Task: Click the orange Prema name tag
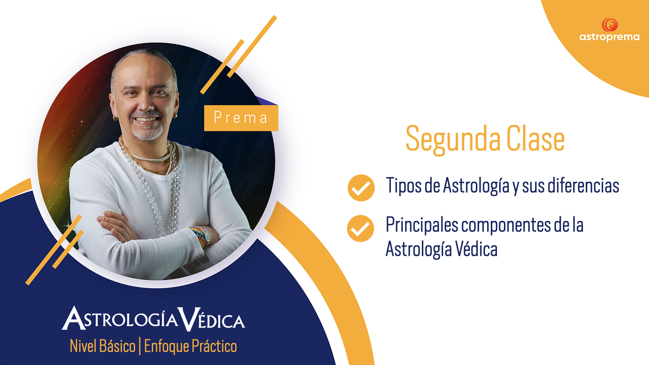pyautogui.click(x=241, y=118)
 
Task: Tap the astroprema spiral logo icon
pyautogui.click(x=610, y=25)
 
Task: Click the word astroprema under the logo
pyautogui.click(x=609, y=37)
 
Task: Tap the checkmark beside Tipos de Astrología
pyautogui.click(x=361, y=188)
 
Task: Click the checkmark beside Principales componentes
pyautogui.click(x=360, y=228)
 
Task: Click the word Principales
pyautogui.click(x=422, y=225)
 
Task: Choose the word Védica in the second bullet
pyautogui.click(x=476, y=249)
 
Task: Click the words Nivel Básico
pyautogui.click(x=102, y=346)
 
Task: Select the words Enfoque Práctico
pyautogui.click(x=190, y=346)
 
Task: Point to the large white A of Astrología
pyautogui.click(x=73, y=318)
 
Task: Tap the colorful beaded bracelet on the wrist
pyautogui.click(x=200, y=236)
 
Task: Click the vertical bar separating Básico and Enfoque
pyautogui.click(x=140, y=346)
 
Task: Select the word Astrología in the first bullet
pyautogui.click(x=476, y=186)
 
